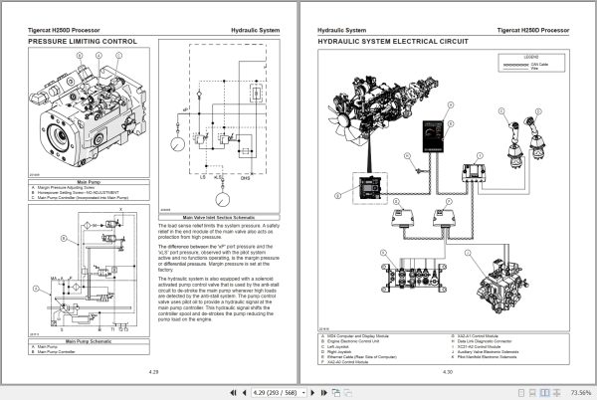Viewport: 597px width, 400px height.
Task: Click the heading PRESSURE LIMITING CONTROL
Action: [83, 43]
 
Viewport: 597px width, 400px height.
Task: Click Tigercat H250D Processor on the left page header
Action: [69, 31]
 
